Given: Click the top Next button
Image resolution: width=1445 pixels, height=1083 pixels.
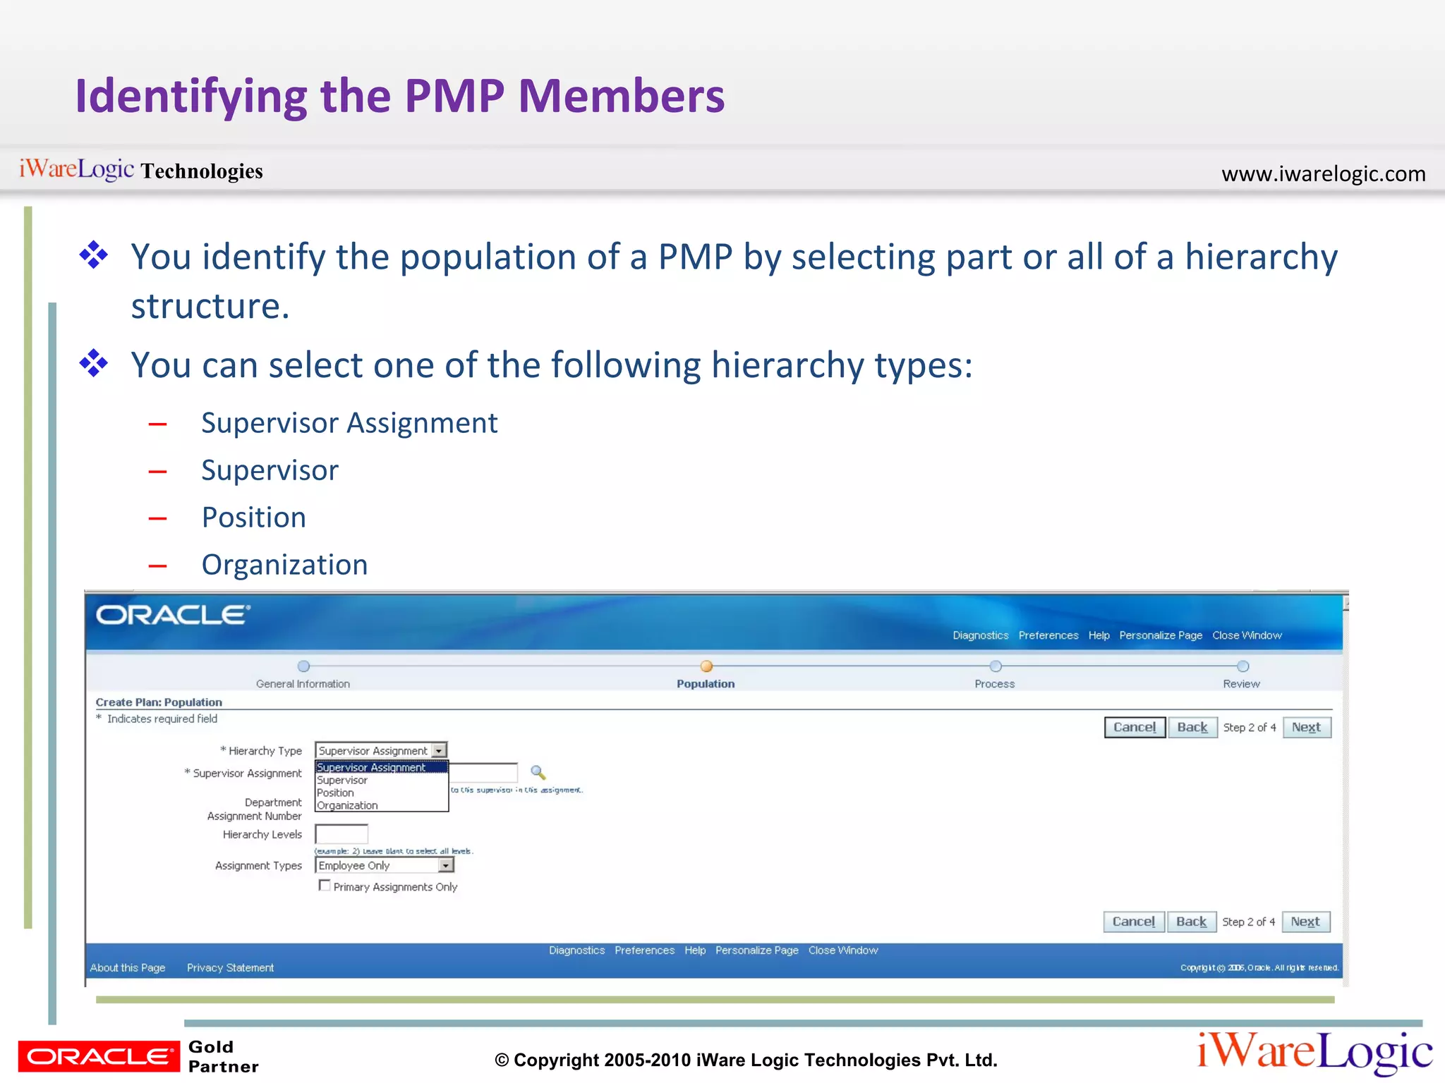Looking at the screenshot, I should point(1306,728).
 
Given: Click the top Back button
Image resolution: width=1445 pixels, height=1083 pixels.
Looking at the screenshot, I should point(1192,728).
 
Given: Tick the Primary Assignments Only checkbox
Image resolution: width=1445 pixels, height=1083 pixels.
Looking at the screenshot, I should point(325,886).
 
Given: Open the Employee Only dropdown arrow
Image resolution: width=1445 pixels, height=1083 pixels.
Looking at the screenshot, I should point(445,865).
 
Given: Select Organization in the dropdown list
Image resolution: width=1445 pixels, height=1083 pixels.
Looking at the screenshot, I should point(347,805).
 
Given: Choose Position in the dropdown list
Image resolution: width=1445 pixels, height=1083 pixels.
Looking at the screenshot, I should point(336,793).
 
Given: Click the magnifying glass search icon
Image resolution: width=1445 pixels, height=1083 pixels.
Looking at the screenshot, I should point(538,773).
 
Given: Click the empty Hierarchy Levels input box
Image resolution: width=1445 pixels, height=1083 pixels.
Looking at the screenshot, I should point(341,834).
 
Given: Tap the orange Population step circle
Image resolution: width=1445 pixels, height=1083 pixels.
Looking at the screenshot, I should point(706,666).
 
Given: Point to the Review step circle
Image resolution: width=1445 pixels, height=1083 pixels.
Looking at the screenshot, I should point(1243,666).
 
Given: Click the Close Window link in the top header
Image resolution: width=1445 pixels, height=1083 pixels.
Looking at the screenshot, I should point(1247,635).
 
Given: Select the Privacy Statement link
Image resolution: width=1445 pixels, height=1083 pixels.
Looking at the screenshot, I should point(230,968).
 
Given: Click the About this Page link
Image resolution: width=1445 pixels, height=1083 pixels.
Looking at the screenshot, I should point(128,968).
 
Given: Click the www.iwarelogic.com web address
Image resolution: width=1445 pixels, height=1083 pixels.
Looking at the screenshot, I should point(1323,173).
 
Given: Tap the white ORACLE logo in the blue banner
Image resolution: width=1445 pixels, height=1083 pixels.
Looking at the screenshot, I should point(173,616).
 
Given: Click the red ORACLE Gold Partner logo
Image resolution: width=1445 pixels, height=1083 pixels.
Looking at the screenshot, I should point(99,1056).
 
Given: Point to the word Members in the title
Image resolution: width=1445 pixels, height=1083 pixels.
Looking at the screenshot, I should point(621,96).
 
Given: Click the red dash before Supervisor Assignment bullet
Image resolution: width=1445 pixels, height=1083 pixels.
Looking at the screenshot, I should point(158,424).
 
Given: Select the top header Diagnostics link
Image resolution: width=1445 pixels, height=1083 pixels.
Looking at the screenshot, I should point(980,635).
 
